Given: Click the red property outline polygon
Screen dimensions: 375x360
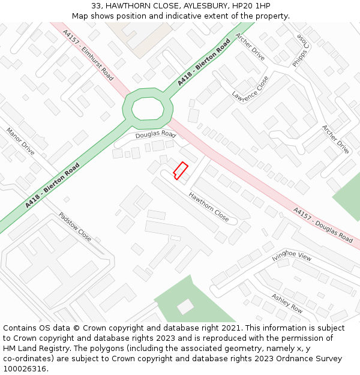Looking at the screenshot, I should point(181,170).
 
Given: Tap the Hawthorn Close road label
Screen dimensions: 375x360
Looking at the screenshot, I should point(209,207).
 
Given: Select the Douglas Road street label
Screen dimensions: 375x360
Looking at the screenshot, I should point(155,134).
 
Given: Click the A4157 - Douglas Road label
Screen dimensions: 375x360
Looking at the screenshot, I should point(323,224).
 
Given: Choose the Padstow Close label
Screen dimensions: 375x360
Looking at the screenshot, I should point(75,227).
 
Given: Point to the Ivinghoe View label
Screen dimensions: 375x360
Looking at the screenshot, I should point(292,256).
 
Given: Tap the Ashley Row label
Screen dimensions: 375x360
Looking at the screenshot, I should point(287,304).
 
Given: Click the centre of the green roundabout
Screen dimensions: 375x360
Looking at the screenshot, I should point(148,109).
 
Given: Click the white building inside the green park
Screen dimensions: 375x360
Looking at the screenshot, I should point(185,307).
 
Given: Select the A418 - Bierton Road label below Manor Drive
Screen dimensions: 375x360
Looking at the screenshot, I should point(52,186).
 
